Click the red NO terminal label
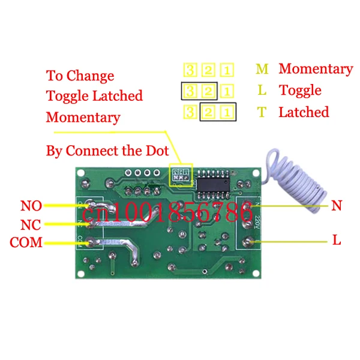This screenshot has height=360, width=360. click(x=31, y=206)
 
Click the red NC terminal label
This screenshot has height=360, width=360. click(x=31, y=224)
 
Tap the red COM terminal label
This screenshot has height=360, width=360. click(x=26, y=242)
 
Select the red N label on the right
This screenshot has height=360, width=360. click(x=337, y=206)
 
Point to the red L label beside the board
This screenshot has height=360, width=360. click(x=337, y=241)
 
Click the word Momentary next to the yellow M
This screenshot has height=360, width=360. click(x=316, y=69)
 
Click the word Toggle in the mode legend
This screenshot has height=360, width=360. click(x=300, y=91)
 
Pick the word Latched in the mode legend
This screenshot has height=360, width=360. click(x=304, y=112)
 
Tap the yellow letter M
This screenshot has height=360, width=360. click(x=262, y=69)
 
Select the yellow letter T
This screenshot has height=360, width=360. click(x=262, y=112)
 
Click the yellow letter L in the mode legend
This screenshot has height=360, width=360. click(x=262, y=91)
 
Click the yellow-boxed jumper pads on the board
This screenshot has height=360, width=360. click(x=180, y=175)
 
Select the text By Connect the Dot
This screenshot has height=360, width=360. click(x=107, y=150)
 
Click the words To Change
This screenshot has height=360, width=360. click(x=80, y=76)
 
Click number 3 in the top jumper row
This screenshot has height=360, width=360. click(x=190, y=70)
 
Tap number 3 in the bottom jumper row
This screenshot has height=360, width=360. click(x=190, y=112)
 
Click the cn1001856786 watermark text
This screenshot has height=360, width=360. click(x=168, y=212)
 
